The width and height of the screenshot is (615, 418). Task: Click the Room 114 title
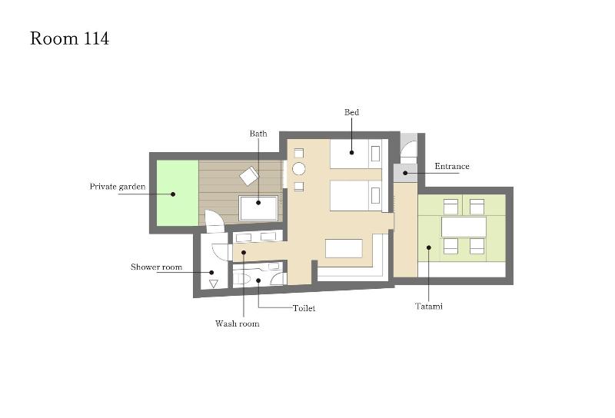tap(69, 38)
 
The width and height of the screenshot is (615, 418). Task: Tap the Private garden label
tap(118, 186)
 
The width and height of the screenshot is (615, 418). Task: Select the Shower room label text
tap(156, 267)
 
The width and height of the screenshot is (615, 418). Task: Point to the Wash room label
tap(237, 323)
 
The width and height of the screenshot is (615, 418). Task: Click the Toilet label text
tap(304, 308)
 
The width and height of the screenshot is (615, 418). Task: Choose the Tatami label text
tap(429, 306)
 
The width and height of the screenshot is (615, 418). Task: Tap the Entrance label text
tap(452, 166)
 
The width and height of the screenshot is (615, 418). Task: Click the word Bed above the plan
tap(351, 112)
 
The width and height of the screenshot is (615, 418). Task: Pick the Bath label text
tap(258, 134)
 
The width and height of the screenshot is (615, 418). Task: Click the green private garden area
tap(178, 193)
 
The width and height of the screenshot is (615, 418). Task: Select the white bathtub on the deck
tap(258, 207)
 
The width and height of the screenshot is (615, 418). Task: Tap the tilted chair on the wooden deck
tap(249, 176)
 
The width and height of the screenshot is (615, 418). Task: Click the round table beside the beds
tap(299, 169)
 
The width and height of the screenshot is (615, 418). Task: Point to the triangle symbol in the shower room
tap(214, 284)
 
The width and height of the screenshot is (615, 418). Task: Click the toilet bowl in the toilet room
tap(243, 279)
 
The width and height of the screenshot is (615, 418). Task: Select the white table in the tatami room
tap(464, 227)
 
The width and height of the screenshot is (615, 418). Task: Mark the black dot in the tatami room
tap(429, 247)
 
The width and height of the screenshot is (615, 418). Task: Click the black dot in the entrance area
tap(405, 173)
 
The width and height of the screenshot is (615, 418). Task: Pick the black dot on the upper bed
tap(351, 152)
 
